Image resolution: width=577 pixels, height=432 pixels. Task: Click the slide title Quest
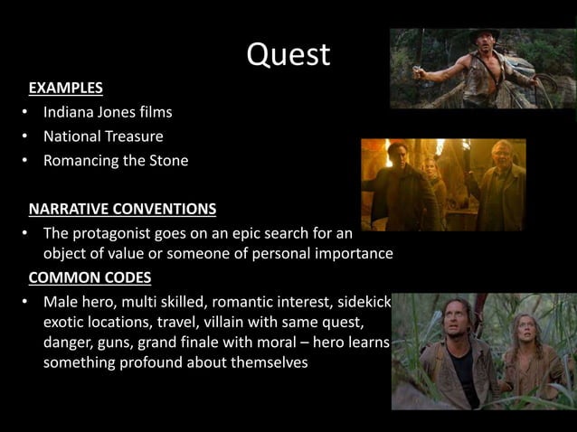(x=288, y=55)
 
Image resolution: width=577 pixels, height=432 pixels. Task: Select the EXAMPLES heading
(x=65, y=89)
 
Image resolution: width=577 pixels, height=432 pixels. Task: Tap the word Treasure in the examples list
(x=131, y=137)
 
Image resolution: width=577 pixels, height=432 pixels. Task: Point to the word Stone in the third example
(x=167, y=162)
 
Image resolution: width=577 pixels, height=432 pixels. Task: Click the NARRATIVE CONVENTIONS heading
(x=122, y=210)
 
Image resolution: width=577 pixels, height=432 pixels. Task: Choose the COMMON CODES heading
(x=90, y=277)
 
